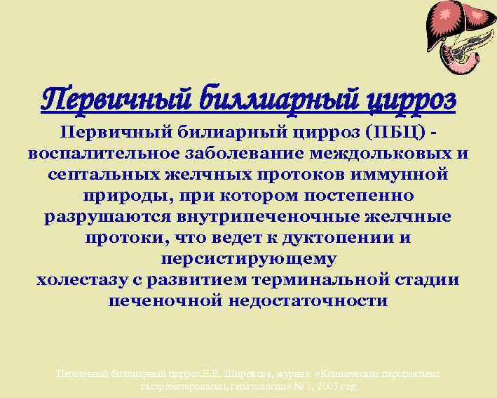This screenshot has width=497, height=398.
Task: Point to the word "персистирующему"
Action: click(248, 259)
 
